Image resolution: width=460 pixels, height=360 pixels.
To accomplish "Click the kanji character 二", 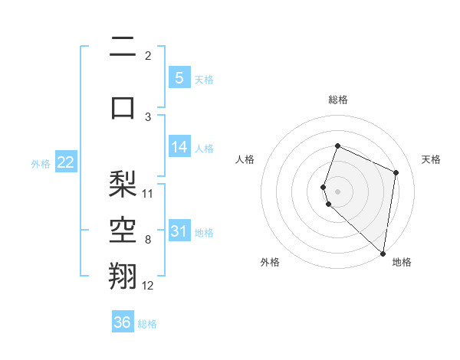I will pyautogui.click(x=123, y=47).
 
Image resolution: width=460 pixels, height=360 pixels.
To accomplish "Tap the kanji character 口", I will pyautogui.click(x=123, y=107).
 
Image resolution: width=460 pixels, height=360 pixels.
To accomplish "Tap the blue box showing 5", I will pyautogui.click(x=179, y=78).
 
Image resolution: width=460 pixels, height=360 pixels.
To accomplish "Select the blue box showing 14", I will pyautogui.click(x=179, y=147).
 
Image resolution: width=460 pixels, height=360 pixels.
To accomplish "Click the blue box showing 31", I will pyautogui.click(x=179, y=231).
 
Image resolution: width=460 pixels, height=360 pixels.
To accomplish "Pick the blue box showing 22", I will pyautogui.click(x=66, y=162).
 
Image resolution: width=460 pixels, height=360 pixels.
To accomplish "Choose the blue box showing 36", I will pyautogui.click(x=123, y=322).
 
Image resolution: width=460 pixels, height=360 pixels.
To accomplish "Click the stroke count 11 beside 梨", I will pyautogui.click(x=148, y=193).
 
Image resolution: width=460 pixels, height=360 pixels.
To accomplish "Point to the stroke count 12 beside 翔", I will pyautogui.click(x=148, y=285).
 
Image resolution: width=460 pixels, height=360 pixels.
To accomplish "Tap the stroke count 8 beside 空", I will pyautogui.click(x=148, y=240).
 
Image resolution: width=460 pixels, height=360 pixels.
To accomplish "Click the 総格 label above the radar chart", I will pyautogui.click(x=338, y=100).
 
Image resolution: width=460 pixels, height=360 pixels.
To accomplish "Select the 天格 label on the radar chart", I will pyautogui.click(x=431, y=159).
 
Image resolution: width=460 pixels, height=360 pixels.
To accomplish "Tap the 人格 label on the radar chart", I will pyautogui.click(x=245, y=159).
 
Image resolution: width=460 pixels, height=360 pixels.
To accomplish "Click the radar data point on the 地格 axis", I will pyautogui.click(x=383, y=254).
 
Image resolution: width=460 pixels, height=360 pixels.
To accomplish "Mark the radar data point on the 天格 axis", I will pyautogui.click(x=396, y=172).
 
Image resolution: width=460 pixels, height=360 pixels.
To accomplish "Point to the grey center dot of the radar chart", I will pyautogui.click(x=338, y=191).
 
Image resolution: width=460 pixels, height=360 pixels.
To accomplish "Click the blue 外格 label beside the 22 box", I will pyautogui.click(x=41, y=163).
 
